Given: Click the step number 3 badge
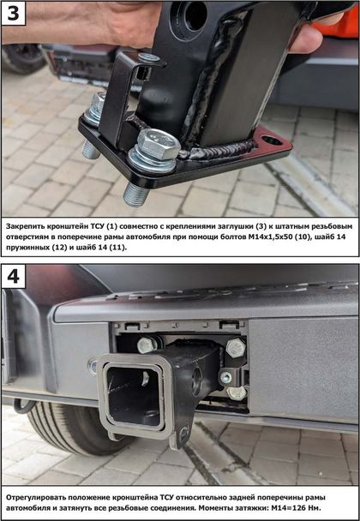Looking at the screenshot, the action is pyautogui.click(x=14, y=14).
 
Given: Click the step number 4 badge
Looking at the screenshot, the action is pyautogui.click(x=14, y=276).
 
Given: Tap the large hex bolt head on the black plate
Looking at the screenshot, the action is pyautogui.click(x=159, y=144).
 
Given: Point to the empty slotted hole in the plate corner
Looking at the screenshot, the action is pyautogui.click(x=271, y=141).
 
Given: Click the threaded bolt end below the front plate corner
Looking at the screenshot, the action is pyautogui.click(x=135, y=194).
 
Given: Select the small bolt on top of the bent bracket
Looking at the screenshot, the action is pyautogui.click(x=149, y=58).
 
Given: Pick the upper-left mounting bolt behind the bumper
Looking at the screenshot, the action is pyautogui.click(x=147, y=345).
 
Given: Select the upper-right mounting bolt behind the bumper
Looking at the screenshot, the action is pyautogui.click(x=236, y=348).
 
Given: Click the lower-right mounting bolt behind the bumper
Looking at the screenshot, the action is pyautogui.click(x=237, y=392).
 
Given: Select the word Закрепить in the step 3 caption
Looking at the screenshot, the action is pyautogui.click(x=23, y=226).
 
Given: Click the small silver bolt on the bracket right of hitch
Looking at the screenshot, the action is pyautogui.click(x=226, y=377).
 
